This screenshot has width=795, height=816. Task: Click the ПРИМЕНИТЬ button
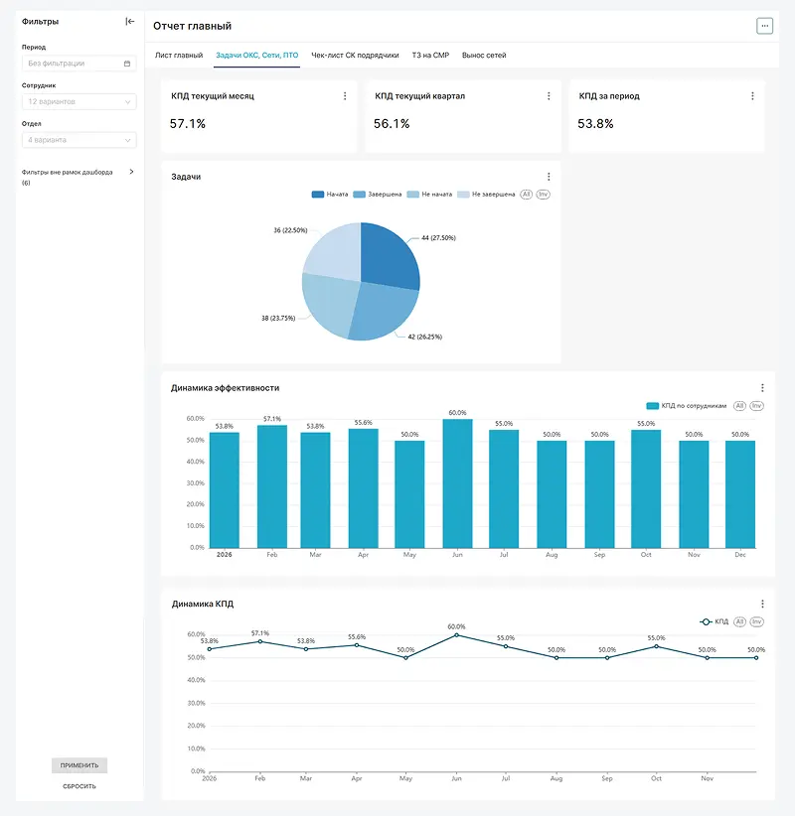(79, 765)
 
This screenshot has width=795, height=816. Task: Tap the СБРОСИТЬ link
(79, 786)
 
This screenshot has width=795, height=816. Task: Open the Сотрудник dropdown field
(79, 101)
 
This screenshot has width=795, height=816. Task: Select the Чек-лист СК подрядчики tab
(355, 56)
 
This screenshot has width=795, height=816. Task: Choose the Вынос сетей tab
(484, 56)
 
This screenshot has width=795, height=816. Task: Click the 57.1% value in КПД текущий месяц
(188, 124)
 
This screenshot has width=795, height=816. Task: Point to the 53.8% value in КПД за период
(595, 124)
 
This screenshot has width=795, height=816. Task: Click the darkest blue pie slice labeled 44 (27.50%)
(389, 255)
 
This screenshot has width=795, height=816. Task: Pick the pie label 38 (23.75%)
(278, 318)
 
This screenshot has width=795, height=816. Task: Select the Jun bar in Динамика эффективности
(457, 483)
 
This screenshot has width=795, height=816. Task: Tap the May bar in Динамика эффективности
(409, 494)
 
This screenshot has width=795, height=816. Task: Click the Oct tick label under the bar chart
(646, 555)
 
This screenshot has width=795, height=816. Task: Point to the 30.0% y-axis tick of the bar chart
(196, 482)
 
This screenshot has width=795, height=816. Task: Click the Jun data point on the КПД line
(456, 635)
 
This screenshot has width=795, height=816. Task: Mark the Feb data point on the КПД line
(260, 641)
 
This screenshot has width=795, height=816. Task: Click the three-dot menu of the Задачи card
(549, 177)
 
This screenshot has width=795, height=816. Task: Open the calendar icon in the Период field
(127, 64)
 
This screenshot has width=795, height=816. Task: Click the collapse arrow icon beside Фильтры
(130, 21)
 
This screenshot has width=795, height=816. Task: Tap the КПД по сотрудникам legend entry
(686, 406)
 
